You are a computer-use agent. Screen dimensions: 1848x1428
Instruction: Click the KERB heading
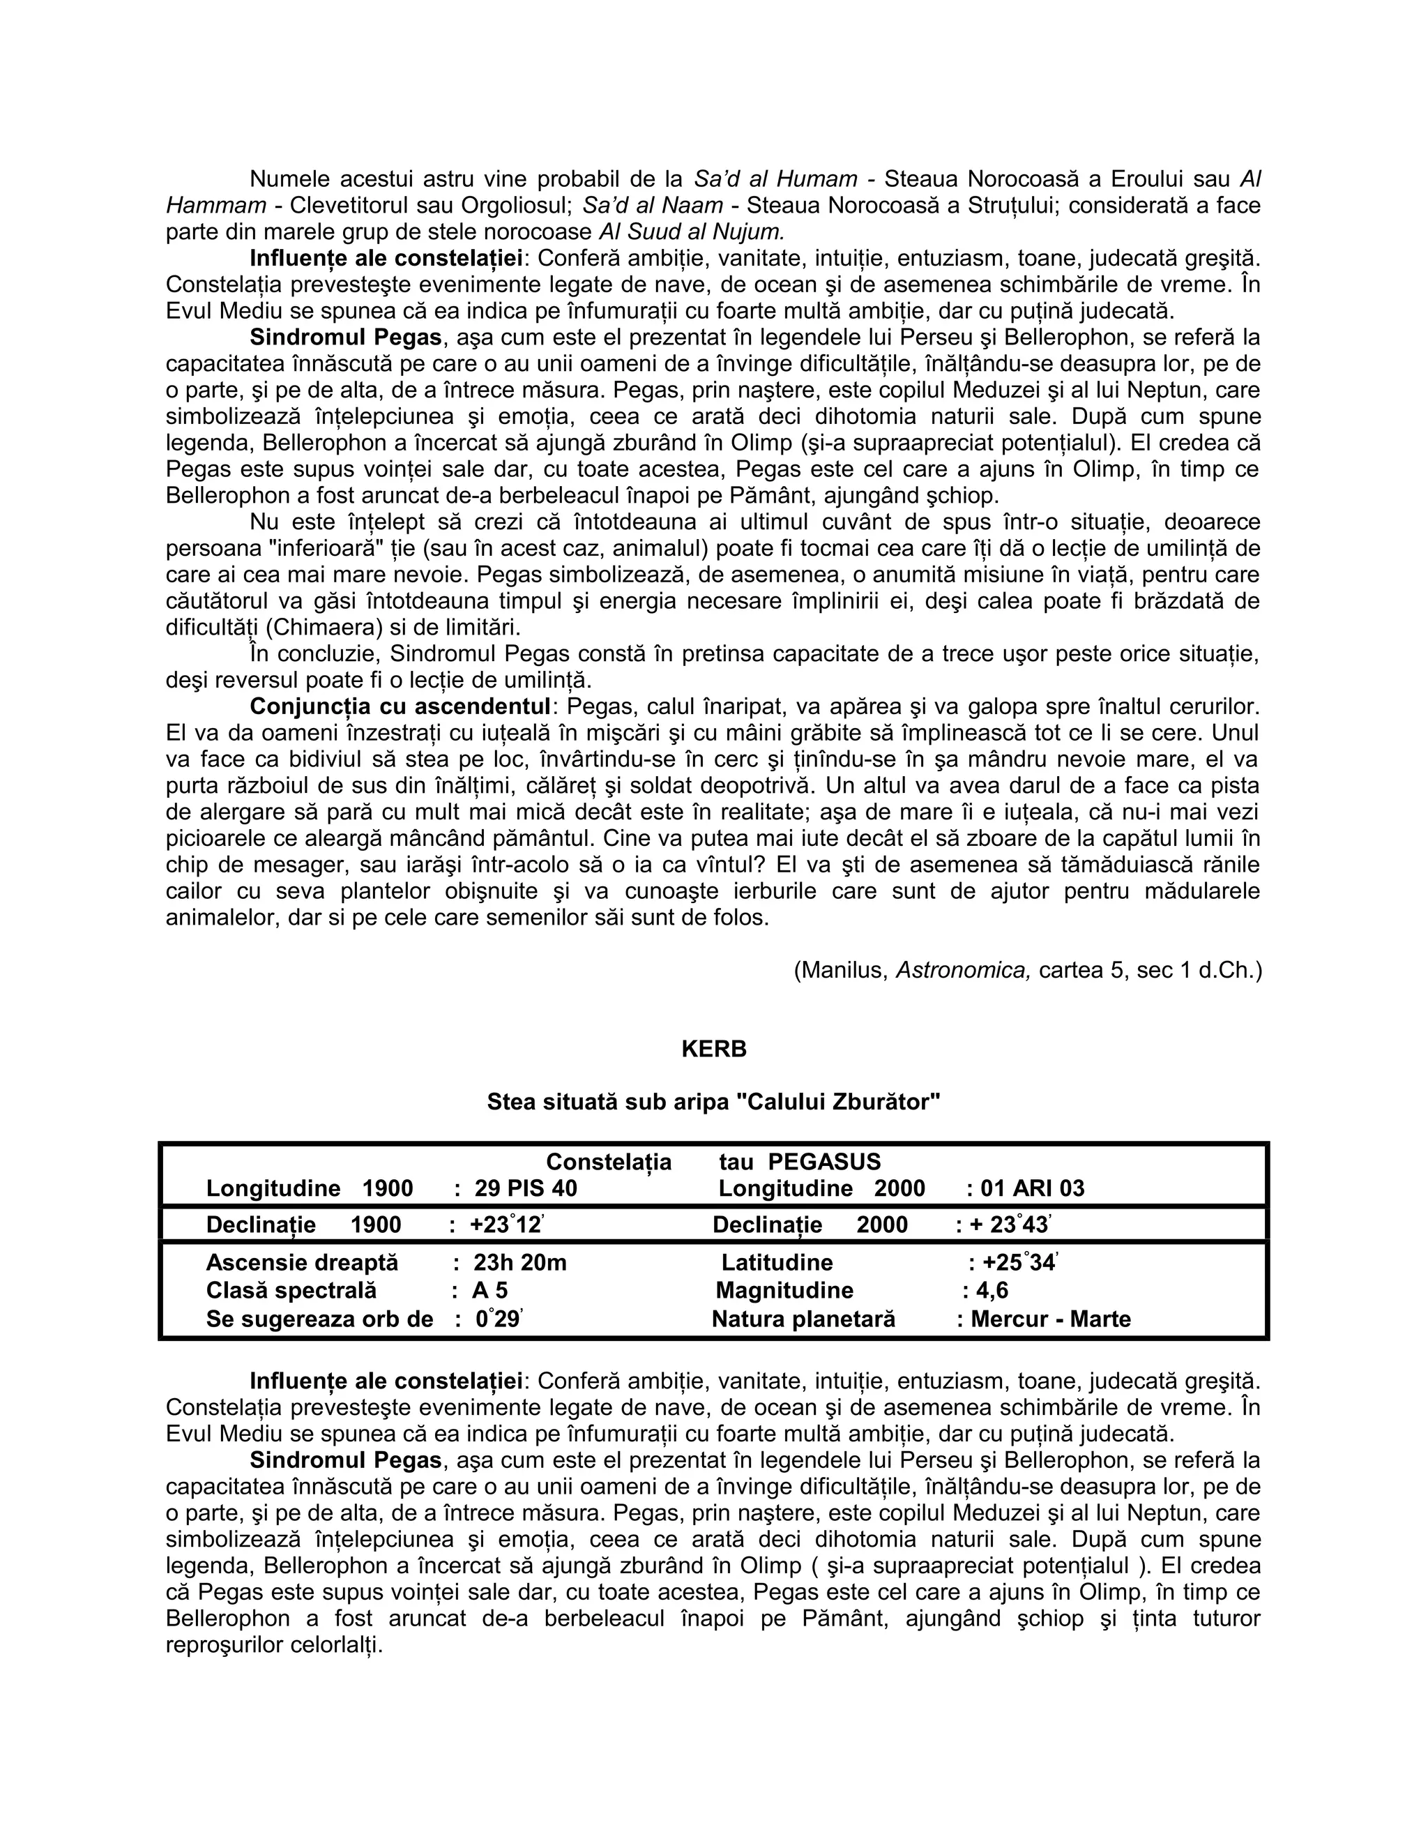[713, 1050]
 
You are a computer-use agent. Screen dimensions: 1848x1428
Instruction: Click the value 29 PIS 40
[525, 1188]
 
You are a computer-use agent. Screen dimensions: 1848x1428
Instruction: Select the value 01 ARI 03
[1032, 1188]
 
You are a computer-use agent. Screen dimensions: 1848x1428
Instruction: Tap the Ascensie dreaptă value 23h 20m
[519, 1262]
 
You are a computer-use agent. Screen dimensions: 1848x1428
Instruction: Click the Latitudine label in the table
[777, 1262]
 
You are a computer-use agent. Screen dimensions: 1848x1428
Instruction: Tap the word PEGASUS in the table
[824, 1162]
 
